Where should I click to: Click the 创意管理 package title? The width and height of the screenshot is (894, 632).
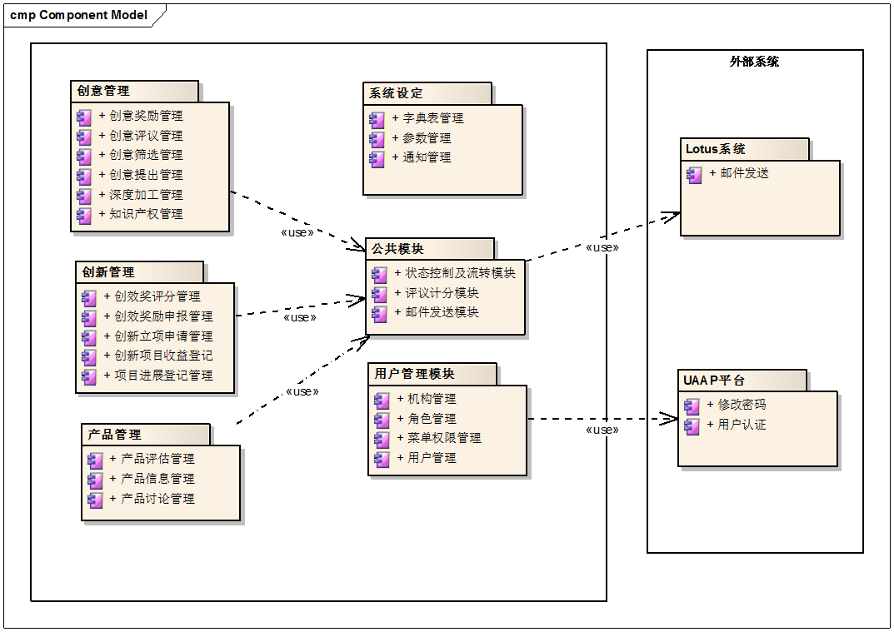pos(103,91)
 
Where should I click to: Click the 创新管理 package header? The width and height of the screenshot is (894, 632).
pos(108,272)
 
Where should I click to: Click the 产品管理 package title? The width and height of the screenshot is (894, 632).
pos(115,435)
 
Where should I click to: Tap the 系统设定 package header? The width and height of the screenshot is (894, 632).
pos(397,93)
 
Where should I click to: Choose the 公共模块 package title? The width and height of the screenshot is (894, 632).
pos(398,249)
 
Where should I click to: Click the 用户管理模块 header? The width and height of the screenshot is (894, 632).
pos(415,374)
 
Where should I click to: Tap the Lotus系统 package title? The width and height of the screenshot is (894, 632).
pos(716,149)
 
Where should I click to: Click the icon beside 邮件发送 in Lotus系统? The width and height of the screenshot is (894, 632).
pos(694,175)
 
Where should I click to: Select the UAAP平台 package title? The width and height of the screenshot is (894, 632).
pos(714,381)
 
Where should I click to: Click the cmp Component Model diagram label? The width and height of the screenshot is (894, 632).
pos(79,15)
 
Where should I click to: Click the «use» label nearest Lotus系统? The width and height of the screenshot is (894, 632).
pos(603,247)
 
